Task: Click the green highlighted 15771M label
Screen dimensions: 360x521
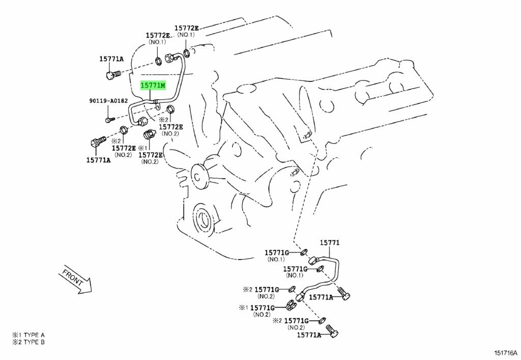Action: click(153, 86)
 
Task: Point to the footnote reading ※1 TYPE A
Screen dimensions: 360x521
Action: click(28, 335)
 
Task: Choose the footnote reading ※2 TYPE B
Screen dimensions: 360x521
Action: click(28, 342)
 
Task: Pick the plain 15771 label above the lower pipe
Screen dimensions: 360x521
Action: click(329, 243)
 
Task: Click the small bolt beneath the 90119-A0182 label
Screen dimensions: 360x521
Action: click(109, 120)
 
